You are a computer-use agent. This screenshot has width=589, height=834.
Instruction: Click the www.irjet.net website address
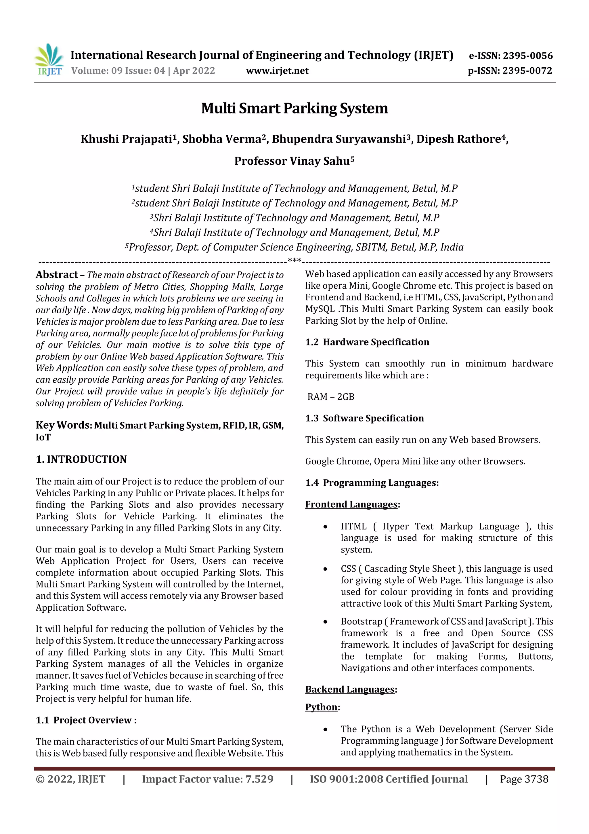pos(277,71)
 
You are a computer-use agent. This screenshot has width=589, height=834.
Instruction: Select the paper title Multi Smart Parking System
pos(294,108)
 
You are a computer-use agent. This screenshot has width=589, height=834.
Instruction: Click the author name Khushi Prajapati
pos(126,139)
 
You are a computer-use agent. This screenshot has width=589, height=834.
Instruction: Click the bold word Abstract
pos(57,275)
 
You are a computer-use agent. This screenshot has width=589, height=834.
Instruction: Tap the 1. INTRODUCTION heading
pos(81,459)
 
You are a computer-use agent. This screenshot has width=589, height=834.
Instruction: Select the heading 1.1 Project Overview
pos(86,720)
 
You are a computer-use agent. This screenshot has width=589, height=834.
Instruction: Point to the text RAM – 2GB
pos(331,397)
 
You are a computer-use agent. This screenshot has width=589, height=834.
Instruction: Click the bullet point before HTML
pos(326,527)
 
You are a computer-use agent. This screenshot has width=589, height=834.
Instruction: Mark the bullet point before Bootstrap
pos(326,622)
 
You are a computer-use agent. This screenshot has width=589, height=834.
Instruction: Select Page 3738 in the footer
pos(524,779)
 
